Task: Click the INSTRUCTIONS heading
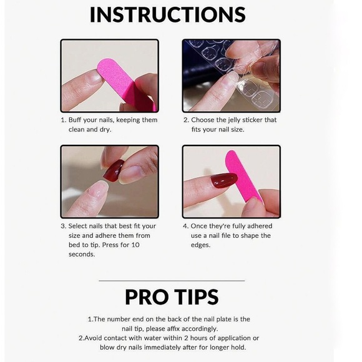(x=167, y=14)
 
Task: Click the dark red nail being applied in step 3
(x=114, y=170)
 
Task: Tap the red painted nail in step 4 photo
(x=224, y=181)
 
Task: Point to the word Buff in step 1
(x=77, y=120)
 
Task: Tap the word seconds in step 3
(x=82, y=254)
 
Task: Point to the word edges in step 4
(x=202, y=245)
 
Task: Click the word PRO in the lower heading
(x=147, y=296)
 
